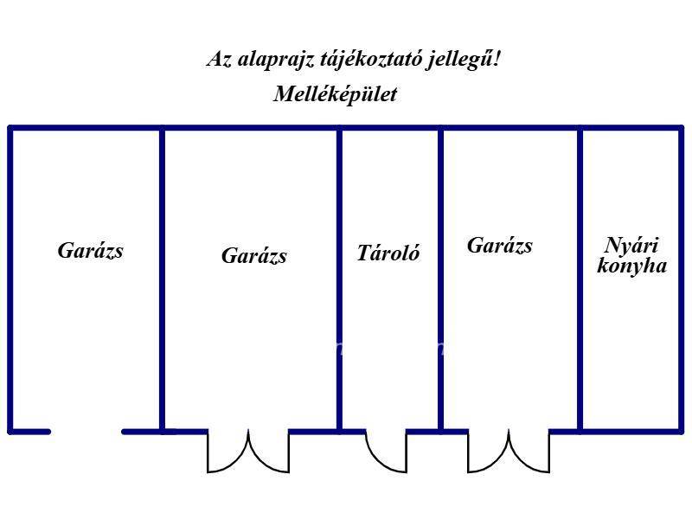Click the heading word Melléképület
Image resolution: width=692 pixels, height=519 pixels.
click(336, 94)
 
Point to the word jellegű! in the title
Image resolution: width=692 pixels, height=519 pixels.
click(464, 60)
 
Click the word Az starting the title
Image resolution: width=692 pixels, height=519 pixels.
click(220, 59)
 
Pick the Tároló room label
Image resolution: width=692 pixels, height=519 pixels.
click(388, 253)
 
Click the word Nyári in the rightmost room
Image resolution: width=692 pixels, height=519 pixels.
click(631, 246)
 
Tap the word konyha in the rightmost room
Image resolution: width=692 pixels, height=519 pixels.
click(632, 266)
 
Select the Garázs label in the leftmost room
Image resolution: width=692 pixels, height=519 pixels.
click(91, 251)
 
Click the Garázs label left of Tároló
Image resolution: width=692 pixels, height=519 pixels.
click(254, 256)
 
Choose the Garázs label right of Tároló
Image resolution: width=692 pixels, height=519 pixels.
click(500, 246)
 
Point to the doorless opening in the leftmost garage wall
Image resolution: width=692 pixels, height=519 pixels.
click(86, 432)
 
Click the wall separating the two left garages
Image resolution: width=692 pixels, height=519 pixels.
click(162, 279)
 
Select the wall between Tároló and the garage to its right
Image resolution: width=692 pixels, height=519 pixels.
click(441, 279)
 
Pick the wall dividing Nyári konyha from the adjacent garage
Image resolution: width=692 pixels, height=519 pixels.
click(580, 279)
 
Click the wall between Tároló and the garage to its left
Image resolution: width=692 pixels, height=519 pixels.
click(339, 279)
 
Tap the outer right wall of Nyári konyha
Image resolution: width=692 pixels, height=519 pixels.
click(681, 279)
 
